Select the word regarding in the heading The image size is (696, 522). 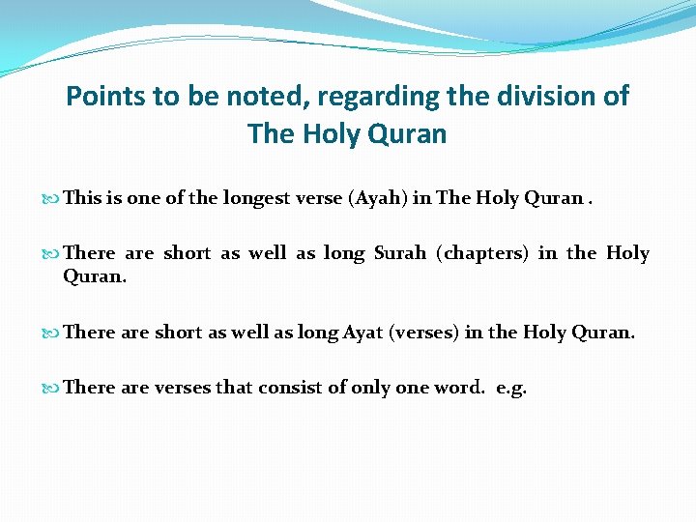click(358, 97)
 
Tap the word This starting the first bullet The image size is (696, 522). click(82, 198)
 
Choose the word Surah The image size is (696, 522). click(396, 253)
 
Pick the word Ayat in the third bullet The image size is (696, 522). click(361, 333)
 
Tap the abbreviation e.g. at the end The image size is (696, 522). click(511, 388)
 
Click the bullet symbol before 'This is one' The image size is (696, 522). click(52, 199)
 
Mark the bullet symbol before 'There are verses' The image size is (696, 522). click(52, 389)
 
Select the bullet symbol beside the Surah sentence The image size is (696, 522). click(52, 254)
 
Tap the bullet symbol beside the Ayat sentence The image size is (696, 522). click(52, 333)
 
